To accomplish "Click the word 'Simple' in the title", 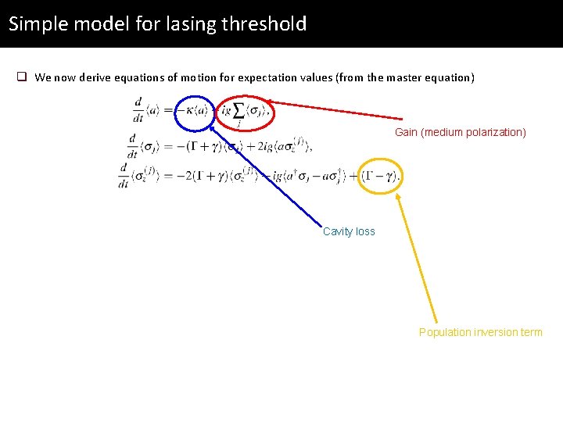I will pos(37,23).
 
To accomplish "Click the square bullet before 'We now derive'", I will pos(23,77).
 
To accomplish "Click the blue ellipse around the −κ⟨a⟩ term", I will pos(193,113).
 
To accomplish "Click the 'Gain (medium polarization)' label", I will pos(460,132).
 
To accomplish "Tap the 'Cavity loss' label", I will pos(349,231).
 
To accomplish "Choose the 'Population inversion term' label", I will pos(480,332).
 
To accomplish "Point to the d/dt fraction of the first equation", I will pos(138,110).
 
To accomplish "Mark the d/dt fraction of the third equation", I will pos(124,177).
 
